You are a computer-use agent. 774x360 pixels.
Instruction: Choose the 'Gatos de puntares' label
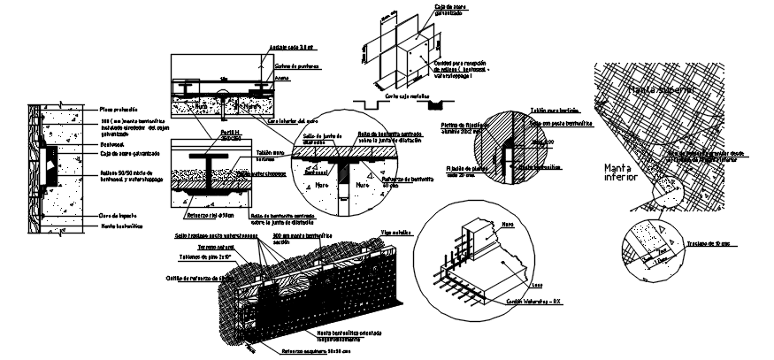pos(294,66)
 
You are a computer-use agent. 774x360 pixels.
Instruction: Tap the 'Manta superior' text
pos(659,90)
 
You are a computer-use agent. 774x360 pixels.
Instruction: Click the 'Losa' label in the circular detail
pos(538,286)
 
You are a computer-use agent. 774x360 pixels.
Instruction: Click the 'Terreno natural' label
pos(215,248)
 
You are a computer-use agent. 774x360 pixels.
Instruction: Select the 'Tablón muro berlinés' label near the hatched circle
pos(548,111)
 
